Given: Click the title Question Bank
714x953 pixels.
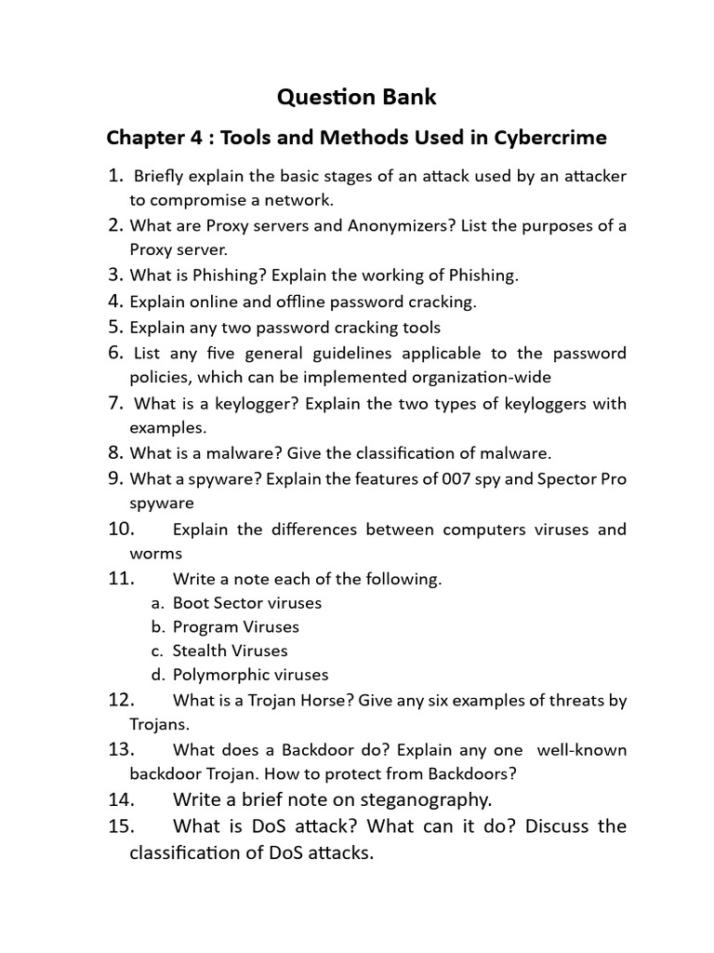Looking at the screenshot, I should (357, 97).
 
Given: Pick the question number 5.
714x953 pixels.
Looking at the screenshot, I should (115, 327).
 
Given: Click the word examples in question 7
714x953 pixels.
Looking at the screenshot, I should (167, 427).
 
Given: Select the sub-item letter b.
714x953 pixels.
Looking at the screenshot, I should (158, 626).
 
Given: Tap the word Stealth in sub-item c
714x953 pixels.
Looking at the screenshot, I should (201, 651).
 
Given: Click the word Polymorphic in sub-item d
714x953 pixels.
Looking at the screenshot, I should (218, 675).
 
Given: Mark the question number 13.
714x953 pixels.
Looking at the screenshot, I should (122, 749).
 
